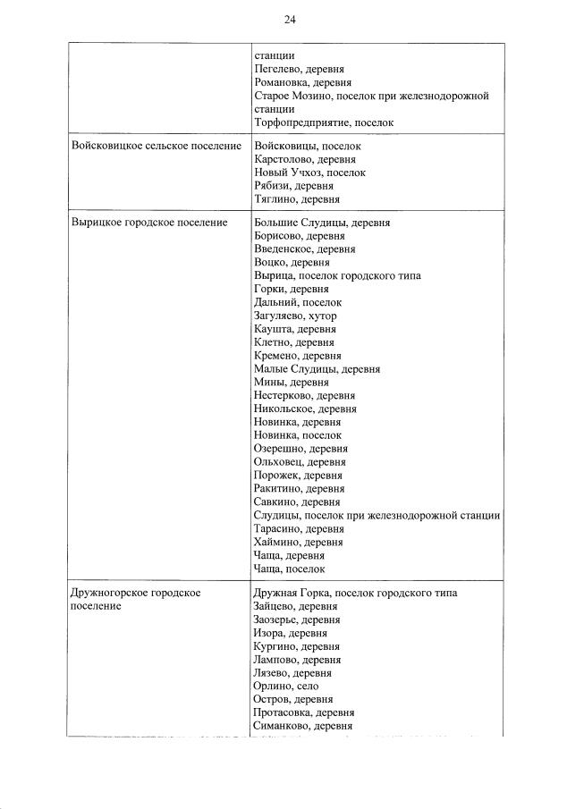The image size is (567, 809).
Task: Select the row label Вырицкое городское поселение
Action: pos(148,223)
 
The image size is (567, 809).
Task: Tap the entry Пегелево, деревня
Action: pos(299,69)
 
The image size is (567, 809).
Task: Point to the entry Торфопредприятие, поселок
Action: pos(324,122)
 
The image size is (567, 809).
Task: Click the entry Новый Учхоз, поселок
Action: pos(309,173)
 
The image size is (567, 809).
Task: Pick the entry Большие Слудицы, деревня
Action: pos(321,223)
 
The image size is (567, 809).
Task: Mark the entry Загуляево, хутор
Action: pos(295,316)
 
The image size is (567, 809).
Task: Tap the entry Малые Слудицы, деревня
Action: pos(317,368)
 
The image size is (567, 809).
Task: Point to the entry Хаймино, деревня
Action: pos(298,542)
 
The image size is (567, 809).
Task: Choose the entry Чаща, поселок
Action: pos(289,569)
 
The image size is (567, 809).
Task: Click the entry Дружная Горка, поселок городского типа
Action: pos(355,594)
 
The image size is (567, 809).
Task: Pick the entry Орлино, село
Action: pos(285,687)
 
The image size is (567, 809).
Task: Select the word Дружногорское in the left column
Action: pos(110,594)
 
